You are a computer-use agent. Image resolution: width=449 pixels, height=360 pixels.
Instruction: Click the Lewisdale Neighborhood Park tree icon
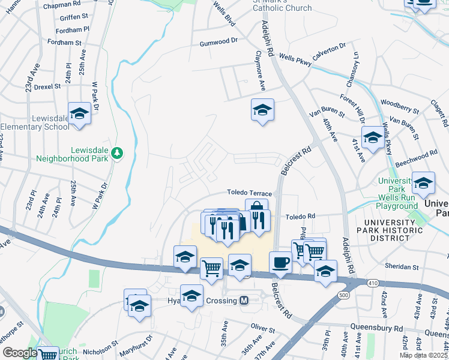click(118, 154)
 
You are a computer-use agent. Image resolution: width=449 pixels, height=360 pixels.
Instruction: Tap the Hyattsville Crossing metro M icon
click(244, 301)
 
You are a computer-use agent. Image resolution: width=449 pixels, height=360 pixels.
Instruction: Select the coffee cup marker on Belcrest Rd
click(280, 262)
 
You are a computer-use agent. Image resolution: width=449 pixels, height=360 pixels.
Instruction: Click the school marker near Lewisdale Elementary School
click(79, 113)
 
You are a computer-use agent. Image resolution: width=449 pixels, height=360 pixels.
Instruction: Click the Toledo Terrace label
click(249, 193)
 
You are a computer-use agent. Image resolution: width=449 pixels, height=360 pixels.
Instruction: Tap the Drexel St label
click(47, 86)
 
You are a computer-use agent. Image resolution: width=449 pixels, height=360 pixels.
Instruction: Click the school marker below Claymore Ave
click(262, 110)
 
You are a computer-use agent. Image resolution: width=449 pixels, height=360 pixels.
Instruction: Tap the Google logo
click(20, 353)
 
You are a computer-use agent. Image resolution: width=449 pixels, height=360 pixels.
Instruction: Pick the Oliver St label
click(262, 330)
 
